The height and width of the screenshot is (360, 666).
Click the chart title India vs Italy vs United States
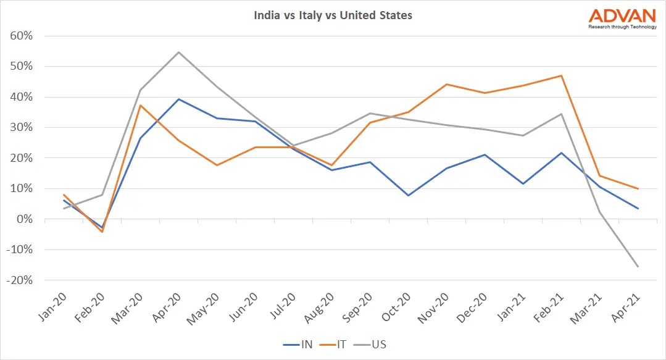[x=333, y=15]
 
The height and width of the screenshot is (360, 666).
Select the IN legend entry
[x=299, y=344]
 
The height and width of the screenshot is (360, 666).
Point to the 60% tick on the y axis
[x=22, y=36]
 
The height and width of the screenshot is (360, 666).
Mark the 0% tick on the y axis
[x=25, y=219]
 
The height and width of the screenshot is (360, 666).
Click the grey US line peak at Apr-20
[x=179, y=52]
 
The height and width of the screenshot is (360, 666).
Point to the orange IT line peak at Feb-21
[x=561, y=76]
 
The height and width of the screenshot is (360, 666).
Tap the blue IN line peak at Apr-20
[x=179, y=99]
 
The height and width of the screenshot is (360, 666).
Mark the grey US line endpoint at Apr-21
[x=638, y=266]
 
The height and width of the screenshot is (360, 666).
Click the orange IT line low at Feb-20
[x=102, y=232]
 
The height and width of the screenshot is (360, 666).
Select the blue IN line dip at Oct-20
[x=409, y=195]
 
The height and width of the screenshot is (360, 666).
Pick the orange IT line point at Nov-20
[x=446, y=85]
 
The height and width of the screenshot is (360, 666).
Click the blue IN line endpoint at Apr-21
[x=638, y=208]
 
